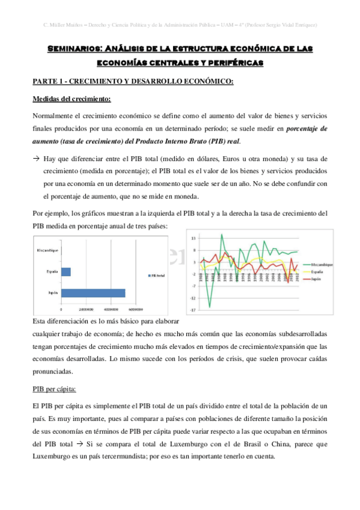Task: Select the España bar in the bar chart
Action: [66, 272]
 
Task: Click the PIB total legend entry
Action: [157, 275]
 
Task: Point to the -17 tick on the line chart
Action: [194, 310]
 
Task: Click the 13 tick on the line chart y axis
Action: [194, 239]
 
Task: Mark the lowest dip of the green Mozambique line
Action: [210, 307]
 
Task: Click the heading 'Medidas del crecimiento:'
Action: [67, 99]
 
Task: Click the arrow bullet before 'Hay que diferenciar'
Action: [37, 158]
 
